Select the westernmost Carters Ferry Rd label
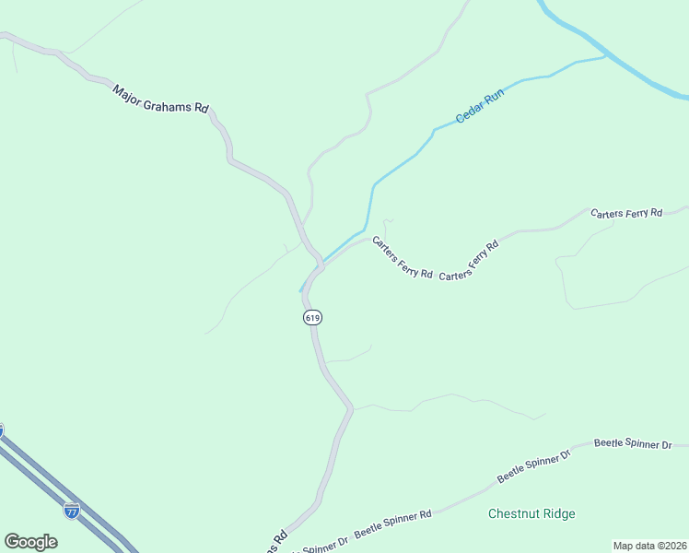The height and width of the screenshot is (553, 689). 403,257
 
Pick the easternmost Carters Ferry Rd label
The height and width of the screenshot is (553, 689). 626,213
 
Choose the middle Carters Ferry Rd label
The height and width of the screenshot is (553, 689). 469,261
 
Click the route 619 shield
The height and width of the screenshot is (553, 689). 312,317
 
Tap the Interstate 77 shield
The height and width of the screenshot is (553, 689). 72,511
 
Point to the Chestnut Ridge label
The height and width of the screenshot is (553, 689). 531,513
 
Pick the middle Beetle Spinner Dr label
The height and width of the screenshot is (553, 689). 534,465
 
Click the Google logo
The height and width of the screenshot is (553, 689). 30,542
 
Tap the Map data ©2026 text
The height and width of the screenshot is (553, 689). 649,545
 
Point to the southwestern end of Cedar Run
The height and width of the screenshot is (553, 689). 301,290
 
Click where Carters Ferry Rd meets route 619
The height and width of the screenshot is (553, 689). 321,269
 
